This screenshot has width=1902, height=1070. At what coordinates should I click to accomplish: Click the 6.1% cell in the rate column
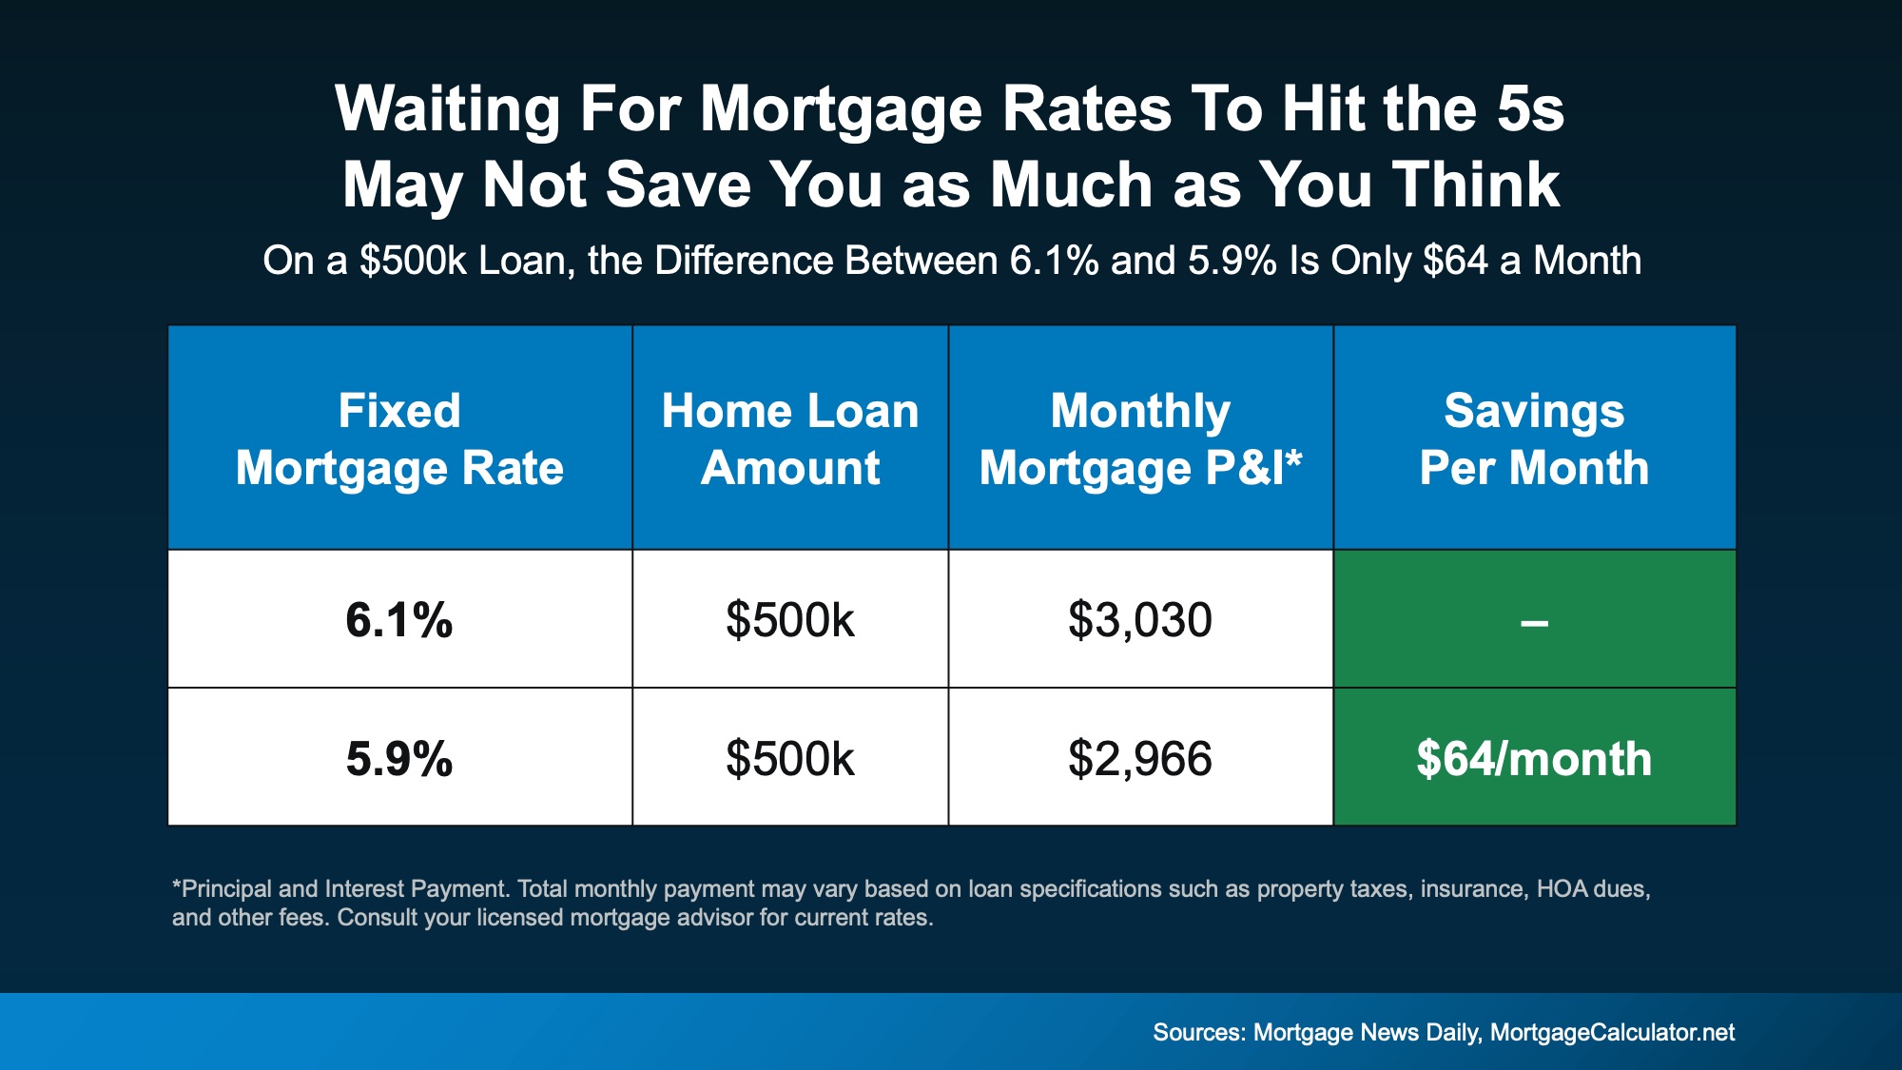click(x=399, y=620)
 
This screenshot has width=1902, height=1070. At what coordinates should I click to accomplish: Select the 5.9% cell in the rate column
click(x=399, y=759)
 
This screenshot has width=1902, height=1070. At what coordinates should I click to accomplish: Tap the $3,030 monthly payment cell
click(x=1140, y=620)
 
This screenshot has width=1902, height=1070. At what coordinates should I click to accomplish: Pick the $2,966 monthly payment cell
click(x=1140, y=759)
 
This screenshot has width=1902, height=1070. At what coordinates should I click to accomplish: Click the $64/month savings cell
click(x=1534, y=759)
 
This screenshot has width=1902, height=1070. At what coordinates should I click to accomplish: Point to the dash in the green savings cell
click(x=1534, y=624)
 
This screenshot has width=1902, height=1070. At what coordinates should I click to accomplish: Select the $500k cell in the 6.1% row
click(x=790, y=620)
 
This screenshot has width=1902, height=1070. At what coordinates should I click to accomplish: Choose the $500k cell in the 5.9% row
click(x=790, y=759)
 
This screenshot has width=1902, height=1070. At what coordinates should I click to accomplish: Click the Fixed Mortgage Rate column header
click(x=399, y=438)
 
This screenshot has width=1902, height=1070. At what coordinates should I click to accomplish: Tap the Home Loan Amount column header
click(x=790, y=438)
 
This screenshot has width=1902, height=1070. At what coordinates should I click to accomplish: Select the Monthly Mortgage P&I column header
click(x=1140, y=438)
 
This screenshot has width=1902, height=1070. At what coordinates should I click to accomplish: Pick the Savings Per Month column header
click(x=1534, y=438)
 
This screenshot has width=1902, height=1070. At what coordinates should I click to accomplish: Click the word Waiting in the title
click(x=448, y=109)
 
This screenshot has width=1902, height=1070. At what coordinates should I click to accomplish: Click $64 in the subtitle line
click(x=1455, y=261)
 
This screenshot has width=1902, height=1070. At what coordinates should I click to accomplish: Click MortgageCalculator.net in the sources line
click(x=1612, y=1033)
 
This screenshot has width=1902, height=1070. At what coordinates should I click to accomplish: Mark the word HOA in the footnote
click(x=1562, y=889)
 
